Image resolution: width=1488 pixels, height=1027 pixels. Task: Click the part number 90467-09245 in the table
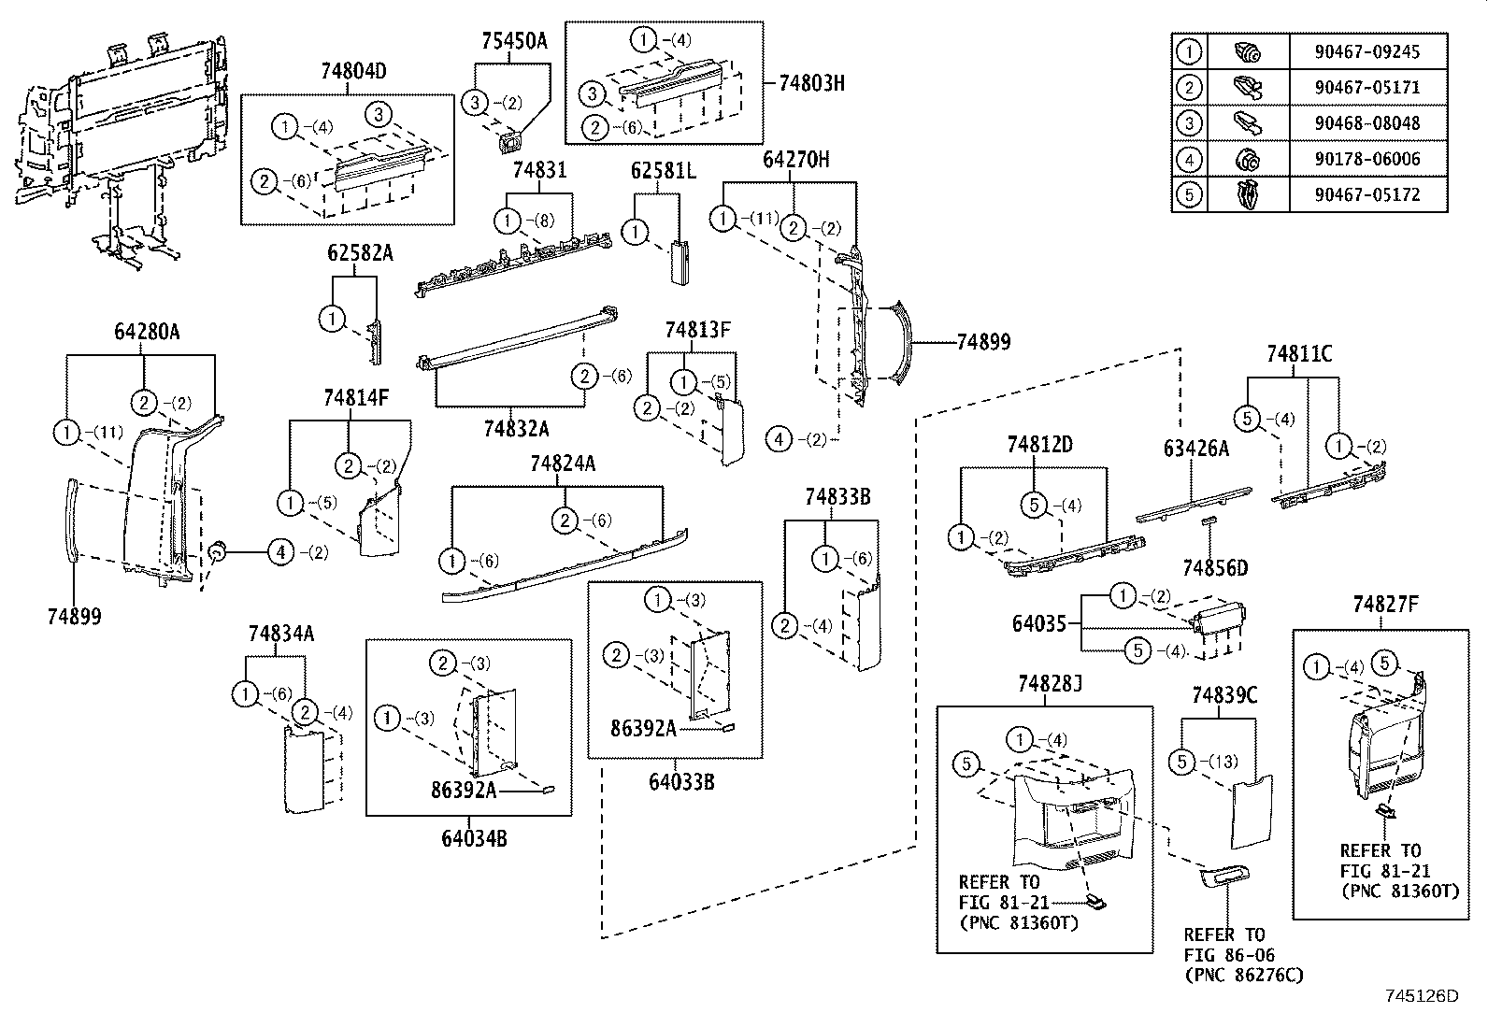pyautogui.click(x=1366, y=51)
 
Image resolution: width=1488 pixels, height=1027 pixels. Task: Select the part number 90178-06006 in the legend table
pyautogui.click(x=1366, y=159)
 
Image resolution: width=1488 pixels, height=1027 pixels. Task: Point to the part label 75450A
pyautogui.click(x=514, y=41)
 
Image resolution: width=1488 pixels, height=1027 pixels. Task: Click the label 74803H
pyautogui.click(x=811, y=82)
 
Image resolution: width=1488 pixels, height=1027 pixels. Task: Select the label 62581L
pyautogui.click(x=664, y=171)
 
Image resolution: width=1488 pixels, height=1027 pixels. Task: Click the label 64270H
pyautogui.click(x=795, y=160)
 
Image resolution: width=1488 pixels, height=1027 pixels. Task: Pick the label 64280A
pyautogui.click(x=147, y=332)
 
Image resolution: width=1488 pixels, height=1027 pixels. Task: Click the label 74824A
pyautogui.click(x=562, y=464)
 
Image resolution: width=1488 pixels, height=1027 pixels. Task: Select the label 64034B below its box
pyautogui.click(x=474, y=838)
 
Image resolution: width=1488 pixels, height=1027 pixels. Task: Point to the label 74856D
pyautogui.click(x=1215, y=568)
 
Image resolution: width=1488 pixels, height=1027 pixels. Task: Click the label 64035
pyautogui.click(x=1038, y=622)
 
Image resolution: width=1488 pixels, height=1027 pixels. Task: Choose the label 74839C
pyautogui.click(x=1224, y=695)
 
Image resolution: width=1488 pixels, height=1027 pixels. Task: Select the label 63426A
pyautogui.click(x=1195, y=449)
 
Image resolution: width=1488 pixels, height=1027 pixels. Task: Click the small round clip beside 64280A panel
pyautogui.click(x=217, y=553)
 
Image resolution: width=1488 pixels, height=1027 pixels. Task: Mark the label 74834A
pyautogui.click(x=280, y=635)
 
